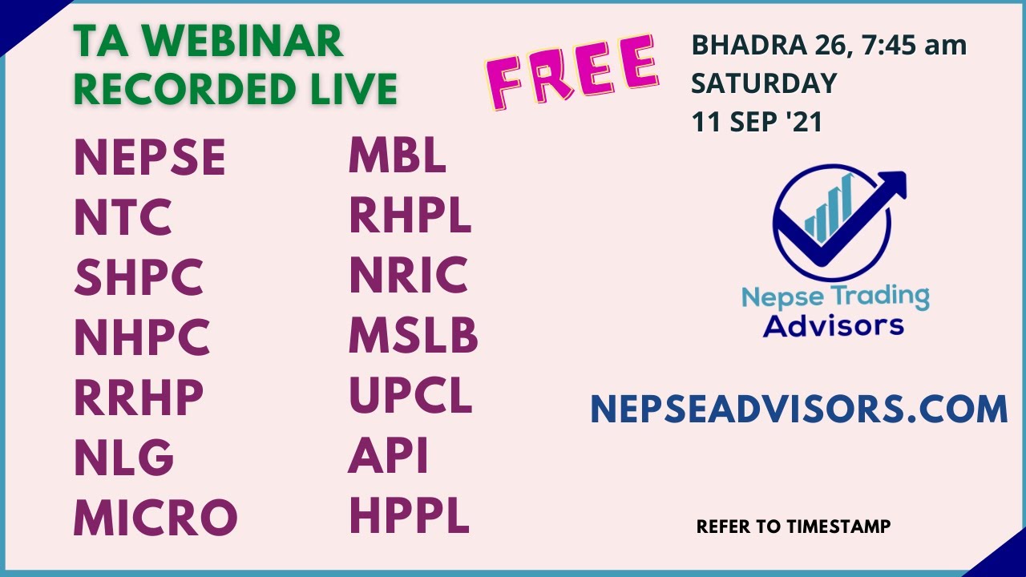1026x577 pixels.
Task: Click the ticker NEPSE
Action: click(x=150, y=157)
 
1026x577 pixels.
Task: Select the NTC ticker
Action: click(x=123, y=217)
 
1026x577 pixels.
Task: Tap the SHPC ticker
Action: click(x=139, y=277)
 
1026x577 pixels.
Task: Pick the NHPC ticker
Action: click(x=142, y=337)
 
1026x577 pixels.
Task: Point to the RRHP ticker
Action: click(x=139, y=397)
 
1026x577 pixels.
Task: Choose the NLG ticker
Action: click(x=123, y=458)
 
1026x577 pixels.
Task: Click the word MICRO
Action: click(x=156, y=518)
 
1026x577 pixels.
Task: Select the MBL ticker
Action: click(x=397, y=155)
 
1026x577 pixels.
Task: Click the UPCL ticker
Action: click(x=410, y=395)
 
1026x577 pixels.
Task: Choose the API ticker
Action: click(x=388, y=455)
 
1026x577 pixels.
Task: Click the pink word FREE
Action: click(x=572, y=75)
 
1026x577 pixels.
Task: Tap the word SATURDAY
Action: click(x=764, y=83)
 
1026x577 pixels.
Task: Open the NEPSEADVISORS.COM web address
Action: click(x=798, y=409)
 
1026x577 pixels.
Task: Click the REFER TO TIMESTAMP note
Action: click(x=793, y=527)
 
